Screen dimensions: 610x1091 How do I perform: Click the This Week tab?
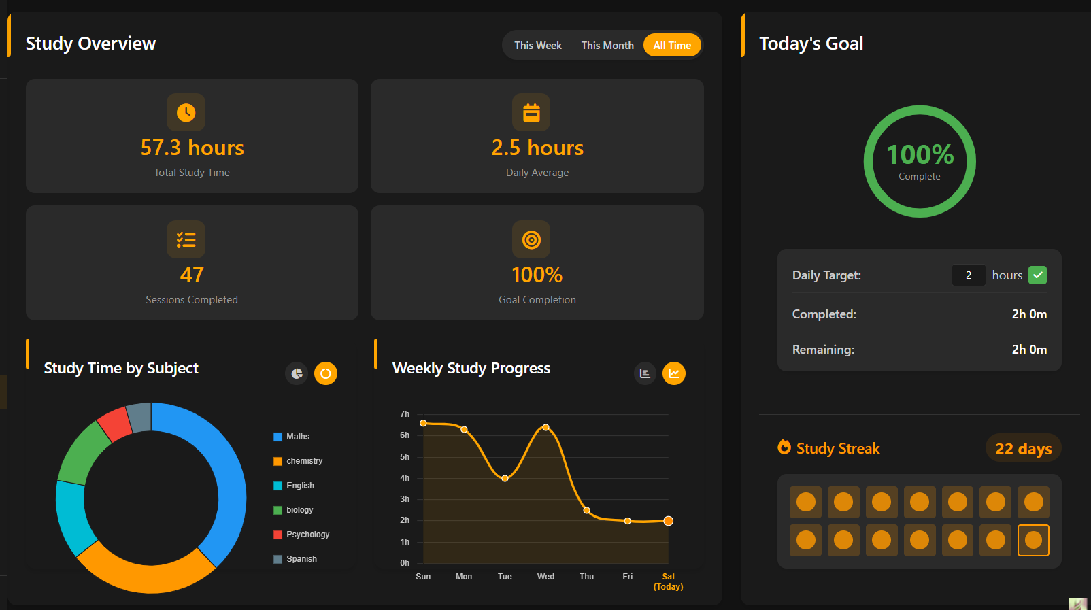tap(537, 46)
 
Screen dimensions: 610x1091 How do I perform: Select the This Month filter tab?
tap(607, 46)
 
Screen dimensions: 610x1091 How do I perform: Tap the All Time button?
tap(672, 46)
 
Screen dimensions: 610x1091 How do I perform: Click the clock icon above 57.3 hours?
tap(186, 112)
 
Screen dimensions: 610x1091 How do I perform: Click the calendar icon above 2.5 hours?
tap(531, 112)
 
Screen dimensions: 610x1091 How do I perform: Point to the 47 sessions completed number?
tap(192, 275)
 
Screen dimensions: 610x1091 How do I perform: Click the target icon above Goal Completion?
tap(531, 239)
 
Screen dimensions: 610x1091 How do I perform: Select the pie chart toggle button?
tap(297, 373)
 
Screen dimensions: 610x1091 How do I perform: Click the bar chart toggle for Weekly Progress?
tap(645, 373)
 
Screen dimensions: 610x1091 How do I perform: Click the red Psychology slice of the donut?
tap(114, 423)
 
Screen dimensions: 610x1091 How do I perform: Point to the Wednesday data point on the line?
tap(545, 427)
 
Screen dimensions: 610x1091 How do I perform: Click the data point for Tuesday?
tap(505, 478)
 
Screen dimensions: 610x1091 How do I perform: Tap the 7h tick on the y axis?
tap(405, 414)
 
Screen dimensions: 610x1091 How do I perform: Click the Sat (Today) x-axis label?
tap(668, 581)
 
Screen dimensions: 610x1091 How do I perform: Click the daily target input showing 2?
tap(969, 275)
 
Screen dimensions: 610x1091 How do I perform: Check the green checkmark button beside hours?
tap(1037, 275)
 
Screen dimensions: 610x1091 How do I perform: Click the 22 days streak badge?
tap(1023, 448)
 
